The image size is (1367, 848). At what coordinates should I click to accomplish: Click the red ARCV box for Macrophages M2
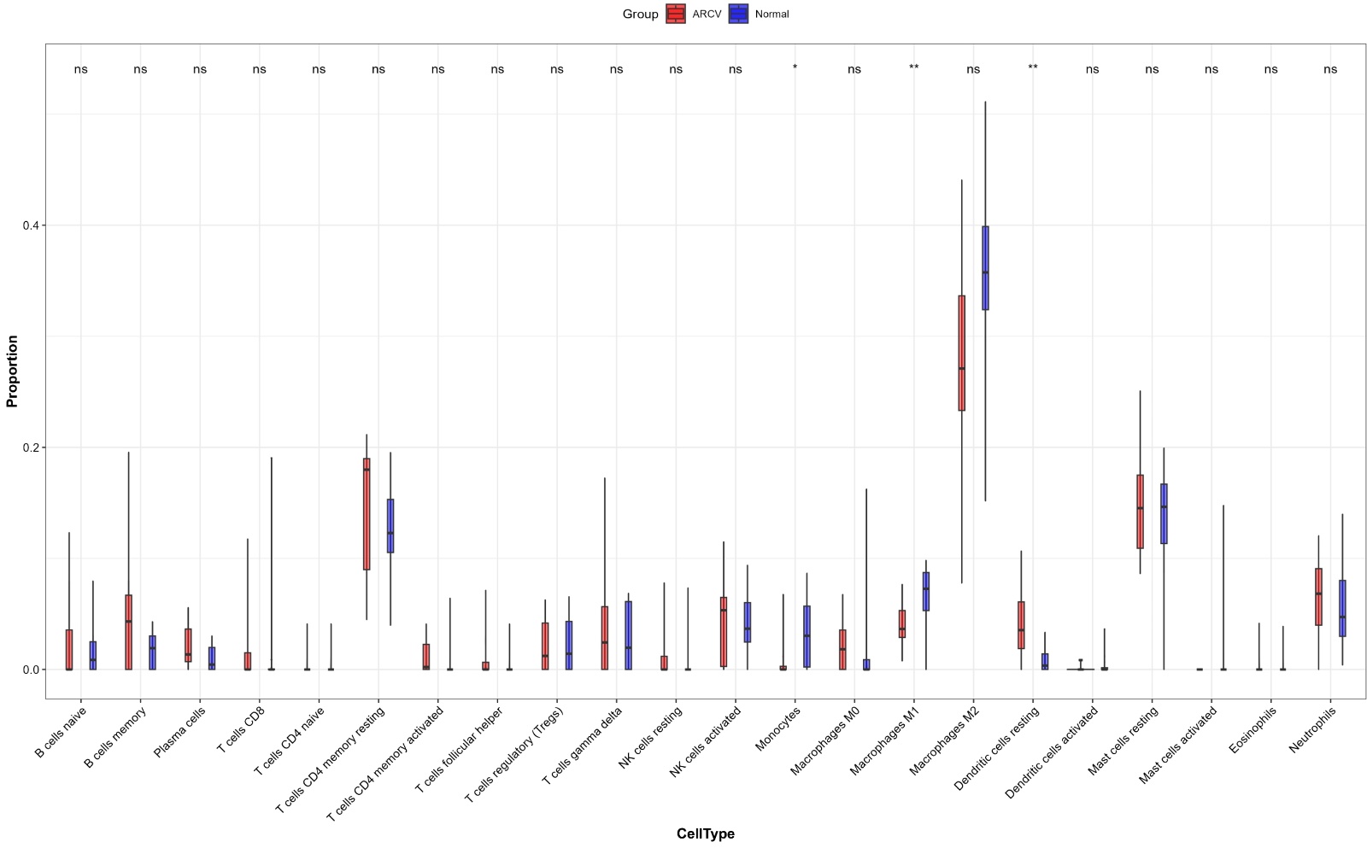coord(961,353)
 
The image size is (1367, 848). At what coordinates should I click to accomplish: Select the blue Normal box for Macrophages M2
coord(985,267)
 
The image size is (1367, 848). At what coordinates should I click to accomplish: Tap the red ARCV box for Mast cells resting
coord(1140,512)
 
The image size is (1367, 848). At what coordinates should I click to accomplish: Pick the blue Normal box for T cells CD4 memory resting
coord(390,526)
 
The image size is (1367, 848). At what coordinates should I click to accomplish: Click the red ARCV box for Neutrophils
coord(1318,597)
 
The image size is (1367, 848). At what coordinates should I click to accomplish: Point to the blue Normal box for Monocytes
coord(807,636)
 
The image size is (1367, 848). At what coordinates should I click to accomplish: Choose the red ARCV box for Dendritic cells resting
coord(1021,625)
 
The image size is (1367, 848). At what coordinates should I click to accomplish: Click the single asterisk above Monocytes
coord(795,68)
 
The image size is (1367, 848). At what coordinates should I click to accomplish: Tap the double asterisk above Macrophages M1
coord(913,68)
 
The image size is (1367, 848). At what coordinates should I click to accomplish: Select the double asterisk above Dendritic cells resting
coord(1033,68)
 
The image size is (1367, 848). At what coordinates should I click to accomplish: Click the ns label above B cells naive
coord(80,69)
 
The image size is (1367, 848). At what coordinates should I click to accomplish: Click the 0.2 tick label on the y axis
coord(31,447)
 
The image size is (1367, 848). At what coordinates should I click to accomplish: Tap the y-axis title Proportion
coord(12,371)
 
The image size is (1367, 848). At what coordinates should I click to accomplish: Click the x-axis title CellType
coord(705,833)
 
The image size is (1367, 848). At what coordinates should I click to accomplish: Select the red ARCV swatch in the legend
coord(676,14)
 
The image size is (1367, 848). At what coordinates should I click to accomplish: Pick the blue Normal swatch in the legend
coord(738,14)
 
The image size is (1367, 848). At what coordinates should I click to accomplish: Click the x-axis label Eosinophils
coord(1253,731)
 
